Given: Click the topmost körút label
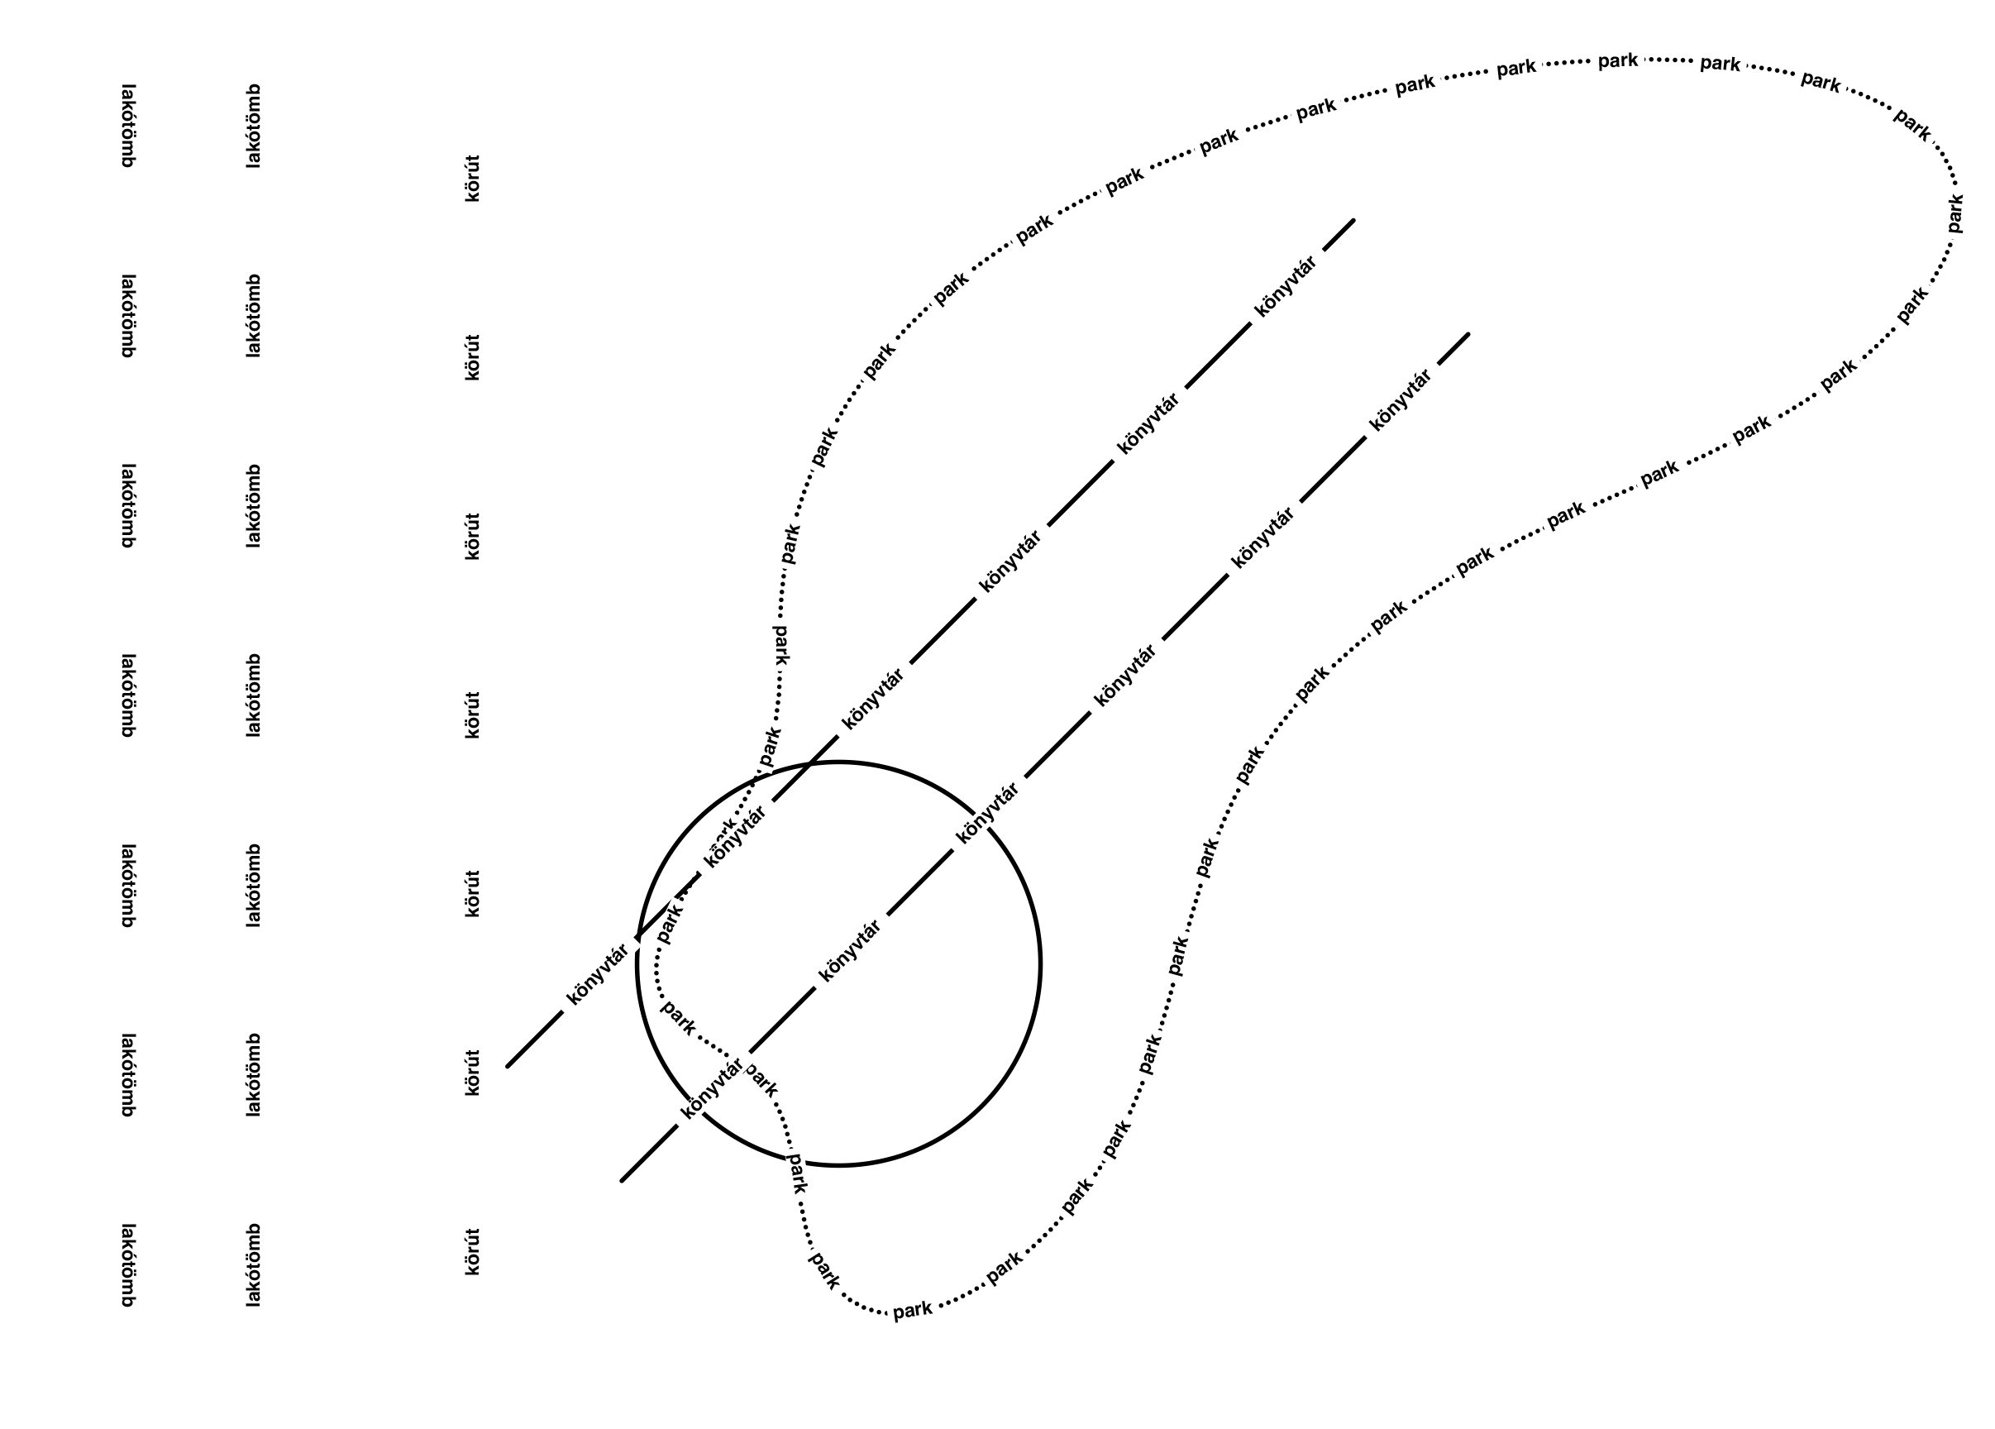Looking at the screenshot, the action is [x=473, y=179].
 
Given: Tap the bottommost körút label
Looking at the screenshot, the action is [x=473, y=1252].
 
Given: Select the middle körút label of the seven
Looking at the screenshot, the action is [x=473, y=715].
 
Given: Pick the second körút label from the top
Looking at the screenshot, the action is [x=473, y=358].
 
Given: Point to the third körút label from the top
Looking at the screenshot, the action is [x=473, y=537].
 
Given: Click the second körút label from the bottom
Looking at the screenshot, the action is [x=473, y=1073].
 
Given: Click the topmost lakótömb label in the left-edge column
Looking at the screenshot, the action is [x=127, y=126].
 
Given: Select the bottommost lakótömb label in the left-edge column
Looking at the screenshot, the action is [x=127, y=1265].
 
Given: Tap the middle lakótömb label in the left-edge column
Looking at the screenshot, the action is [x=127, y=695].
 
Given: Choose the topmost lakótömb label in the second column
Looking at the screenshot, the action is [x=254, y=126].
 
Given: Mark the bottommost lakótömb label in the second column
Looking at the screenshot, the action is [x=254, y=1265].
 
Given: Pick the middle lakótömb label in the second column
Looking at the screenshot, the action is [x=254, y=695].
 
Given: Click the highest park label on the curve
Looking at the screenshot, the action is [x=1618, y=60].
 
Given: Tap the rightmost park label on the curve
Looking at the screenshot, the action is [x=1954, y=213].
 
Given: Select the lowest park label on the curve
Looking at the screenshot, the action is [x=912, y=1310].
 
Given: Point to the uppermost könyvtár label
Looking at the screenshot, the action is [x=1287, y=287].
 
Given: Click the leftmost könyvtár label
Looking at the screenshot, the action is [x=598, y=974].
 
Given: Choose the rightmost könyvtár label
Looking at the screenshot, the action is [x=1401, y=400].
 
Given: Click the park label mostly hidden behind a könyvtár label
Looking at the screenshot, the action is [x=721, y=827].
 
